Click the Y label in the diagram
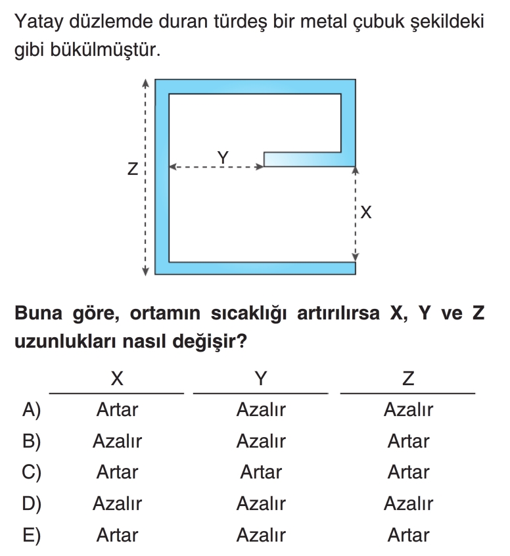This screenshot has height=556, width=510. [223, 157]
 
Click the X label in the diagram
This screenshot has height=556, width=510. [367, 212]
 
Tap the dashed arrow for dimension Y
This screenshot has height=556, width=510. [216, 168]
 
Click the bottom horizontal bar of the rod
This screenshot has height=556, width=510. [256, 267]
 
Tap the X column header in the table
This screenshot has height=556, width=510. [117, 379]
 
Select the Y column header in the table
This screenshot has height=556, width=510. [261, 379]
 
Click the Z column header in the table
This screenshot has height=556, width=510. [408, 379]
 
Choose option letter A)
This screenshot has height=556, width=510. [31, 411]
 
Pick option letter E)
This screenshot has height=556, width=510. [31, 535]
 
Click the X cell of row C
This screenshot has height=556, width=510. [117, 473]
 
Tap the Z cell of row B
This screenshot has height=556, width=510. [408, 442]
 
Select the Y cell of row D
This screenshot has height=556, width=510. [261, 504]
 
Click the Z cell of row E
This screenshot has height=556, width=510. [408, 535]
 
